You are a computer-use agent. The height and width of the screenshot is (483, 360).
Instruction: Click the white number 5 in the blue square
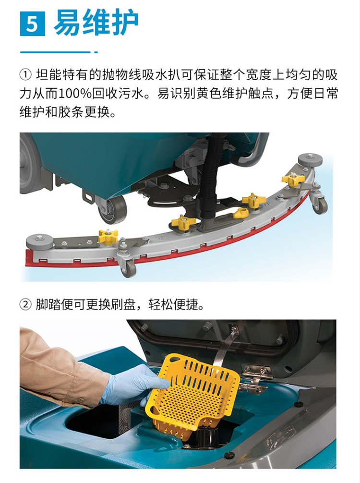(32, 24)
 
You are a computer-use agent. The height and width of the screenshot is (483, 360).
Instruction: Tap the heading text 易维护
(96, 23)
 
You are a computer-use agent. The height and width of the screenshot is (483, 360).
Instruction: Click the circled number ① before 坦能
(25, 75)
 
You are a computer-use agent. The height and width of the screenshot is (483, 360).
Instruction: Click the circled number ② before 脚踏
(25, 305)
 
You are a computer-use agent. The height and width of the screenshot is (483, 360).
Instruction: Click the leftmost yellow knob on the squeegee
(108, 237)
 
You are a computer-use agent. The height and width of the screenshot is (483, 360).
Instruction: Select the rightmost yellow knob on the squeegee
(293, 179)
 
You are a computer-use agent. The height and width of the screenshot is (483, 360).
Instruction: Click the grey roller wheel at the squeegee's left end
(39, 241)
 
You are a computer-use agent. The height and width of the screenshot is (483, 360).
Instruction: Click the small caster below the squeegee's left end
(128, 269)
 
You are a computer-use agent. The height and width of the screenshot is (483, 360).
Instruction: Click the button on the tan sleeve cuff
(81, 399)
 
